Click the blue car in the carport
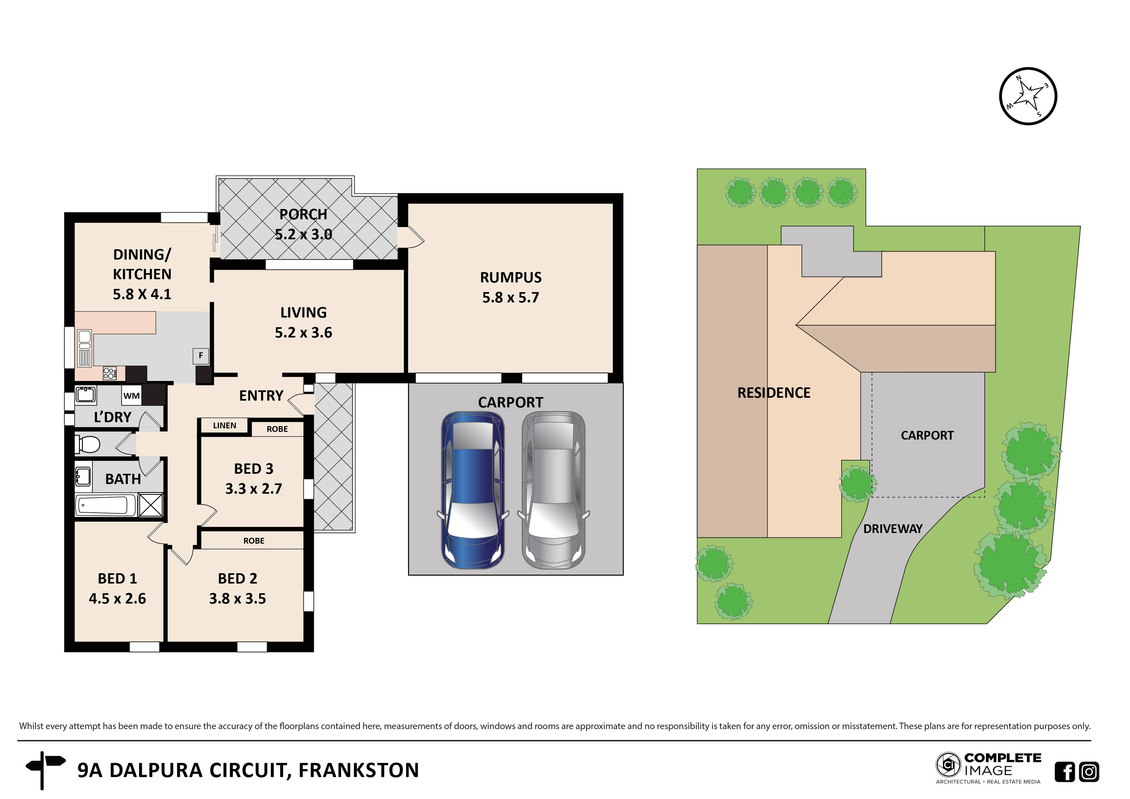(473, 490)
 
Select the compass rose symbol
(1028, 96)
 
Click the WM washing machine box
(131, 395)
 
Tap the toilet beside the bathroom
(88, 444)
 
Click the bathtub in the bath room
(106, 505)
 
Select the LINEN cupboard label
(225, 425)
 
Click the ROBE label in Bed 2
(254, 541)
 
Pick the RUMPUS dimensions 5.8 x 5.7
(510, 298)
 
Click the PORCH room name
(303, 214)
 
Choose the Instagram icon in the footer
(1089, 771)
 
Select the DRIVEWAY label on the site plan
(892, 529)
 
